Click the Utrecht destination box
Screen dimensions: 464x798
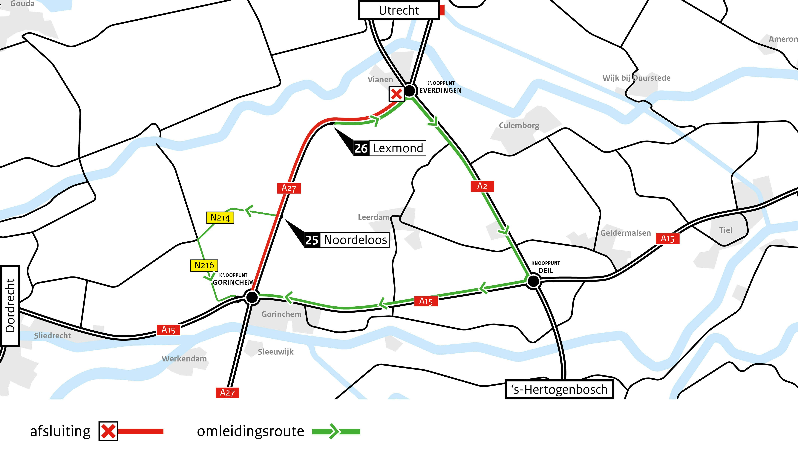pos(399,10)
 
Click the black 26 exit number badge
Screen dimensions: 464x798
pos(361,148)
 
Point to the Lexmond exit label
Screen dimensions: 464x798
pos(398,148)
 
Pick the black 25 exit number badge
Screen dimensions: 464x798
pos(312,240)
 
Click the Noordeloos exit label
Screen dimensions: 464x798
pos(355,240)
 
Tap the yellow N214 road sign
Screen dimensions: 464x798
pos(220,218)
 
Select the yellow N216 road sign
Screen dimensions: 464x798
pos(204,265)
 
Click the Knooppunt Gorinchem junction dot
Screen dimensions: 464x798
pos(252,297)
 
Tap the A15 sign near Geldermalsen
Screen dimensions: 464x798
pos(667,239)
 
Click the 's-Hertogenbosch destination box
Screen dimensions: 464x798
pos(559,389)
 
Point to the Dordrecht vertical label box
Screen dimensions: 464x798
pos(10,306)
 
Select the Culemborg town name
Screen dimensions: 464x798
pos(519,126)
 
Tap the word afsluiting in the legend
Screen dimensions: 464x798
pos(60,431)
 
